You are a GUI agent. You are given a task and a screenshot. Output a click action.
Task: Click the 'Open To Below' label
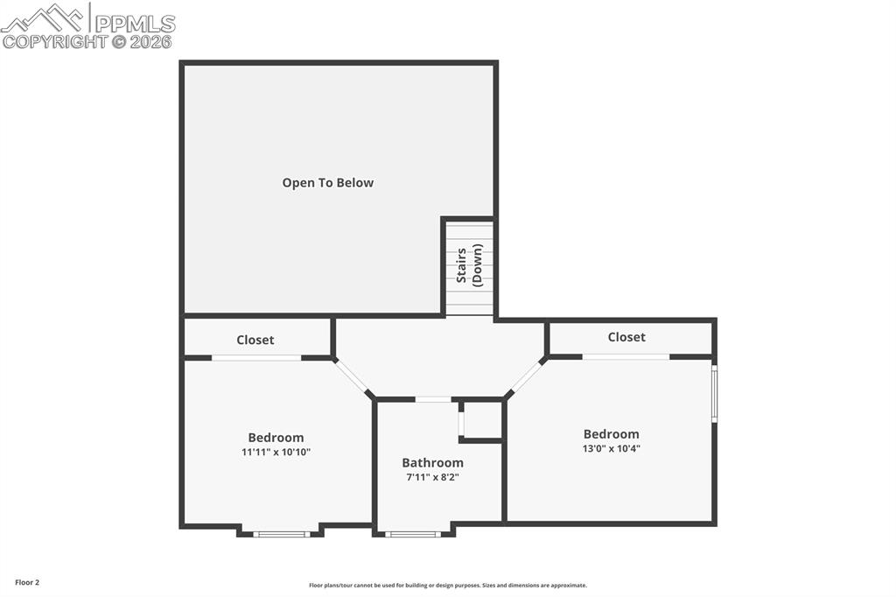point(327,183)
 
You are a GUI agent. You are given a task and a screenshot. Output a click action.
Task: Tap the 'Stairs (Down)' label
point(469,266)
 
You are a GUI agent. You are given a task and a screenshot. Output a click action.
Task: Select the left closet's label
point(255,340)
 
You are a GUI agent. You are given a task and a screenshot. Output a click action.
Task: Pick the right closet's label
point(626,337)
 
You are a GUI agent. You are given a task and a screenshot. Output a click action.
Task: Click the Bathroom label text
point(432,462)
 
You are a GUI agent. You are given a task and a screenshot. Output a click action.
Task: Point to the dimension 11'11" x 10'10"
point(276,453)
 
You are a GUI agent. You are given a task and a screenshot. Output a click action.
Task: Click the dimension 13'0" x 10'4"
point(612,448)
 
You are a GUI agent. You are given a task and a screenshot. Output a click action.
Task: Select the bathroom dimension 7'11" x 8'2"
point(432,477)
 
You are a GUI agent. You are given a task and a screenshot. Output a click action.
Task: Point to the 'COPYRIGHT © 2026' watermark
point(87,41)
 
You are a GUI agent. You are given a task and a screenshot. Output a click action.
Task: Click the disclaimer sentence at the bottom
point(448,586)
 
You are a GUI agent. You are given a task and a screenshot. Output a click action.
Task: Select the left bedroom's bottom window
point(281,533)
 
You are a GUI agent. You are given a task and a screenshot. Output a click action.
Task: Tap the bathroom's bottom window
point(413,533)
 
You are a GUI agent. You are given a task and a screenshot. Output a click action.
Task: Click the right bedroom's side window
point(714,395)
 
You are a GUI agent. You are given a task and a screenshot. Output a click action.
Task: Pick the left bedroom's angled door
point(353,377)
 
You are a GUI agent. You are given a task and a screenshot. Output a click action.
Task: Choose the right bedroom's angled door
point(525,377)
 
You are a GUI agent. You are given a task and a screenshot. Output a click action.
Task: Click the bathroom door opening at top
point(433,399)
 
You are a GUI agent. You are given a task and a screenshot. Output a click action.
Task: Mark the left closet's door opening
point(256,357)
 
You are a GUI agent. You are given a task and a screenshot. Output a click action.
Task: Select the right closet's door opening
point(626,356)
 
